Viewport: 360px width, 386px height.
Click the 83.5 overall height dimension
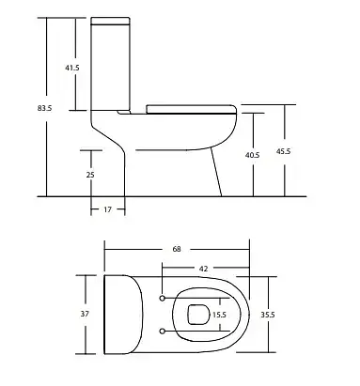44,108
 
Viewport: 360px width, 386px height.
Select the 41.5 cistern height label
72,68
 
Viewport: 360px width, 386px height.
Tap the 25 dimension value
90,175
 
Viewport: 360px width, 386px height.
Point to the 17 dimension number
107,209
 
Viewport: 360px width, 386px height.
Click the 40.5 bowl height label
252,155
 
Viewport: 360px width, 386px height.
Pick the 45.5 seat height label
283,151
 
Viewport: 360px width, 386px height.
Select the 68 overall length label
177,249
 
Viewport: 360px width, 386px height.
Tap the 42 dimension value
203,269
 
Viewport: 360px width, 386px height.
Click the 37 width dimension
85,314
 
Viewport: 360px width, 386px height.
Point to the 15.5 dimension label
219,315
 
